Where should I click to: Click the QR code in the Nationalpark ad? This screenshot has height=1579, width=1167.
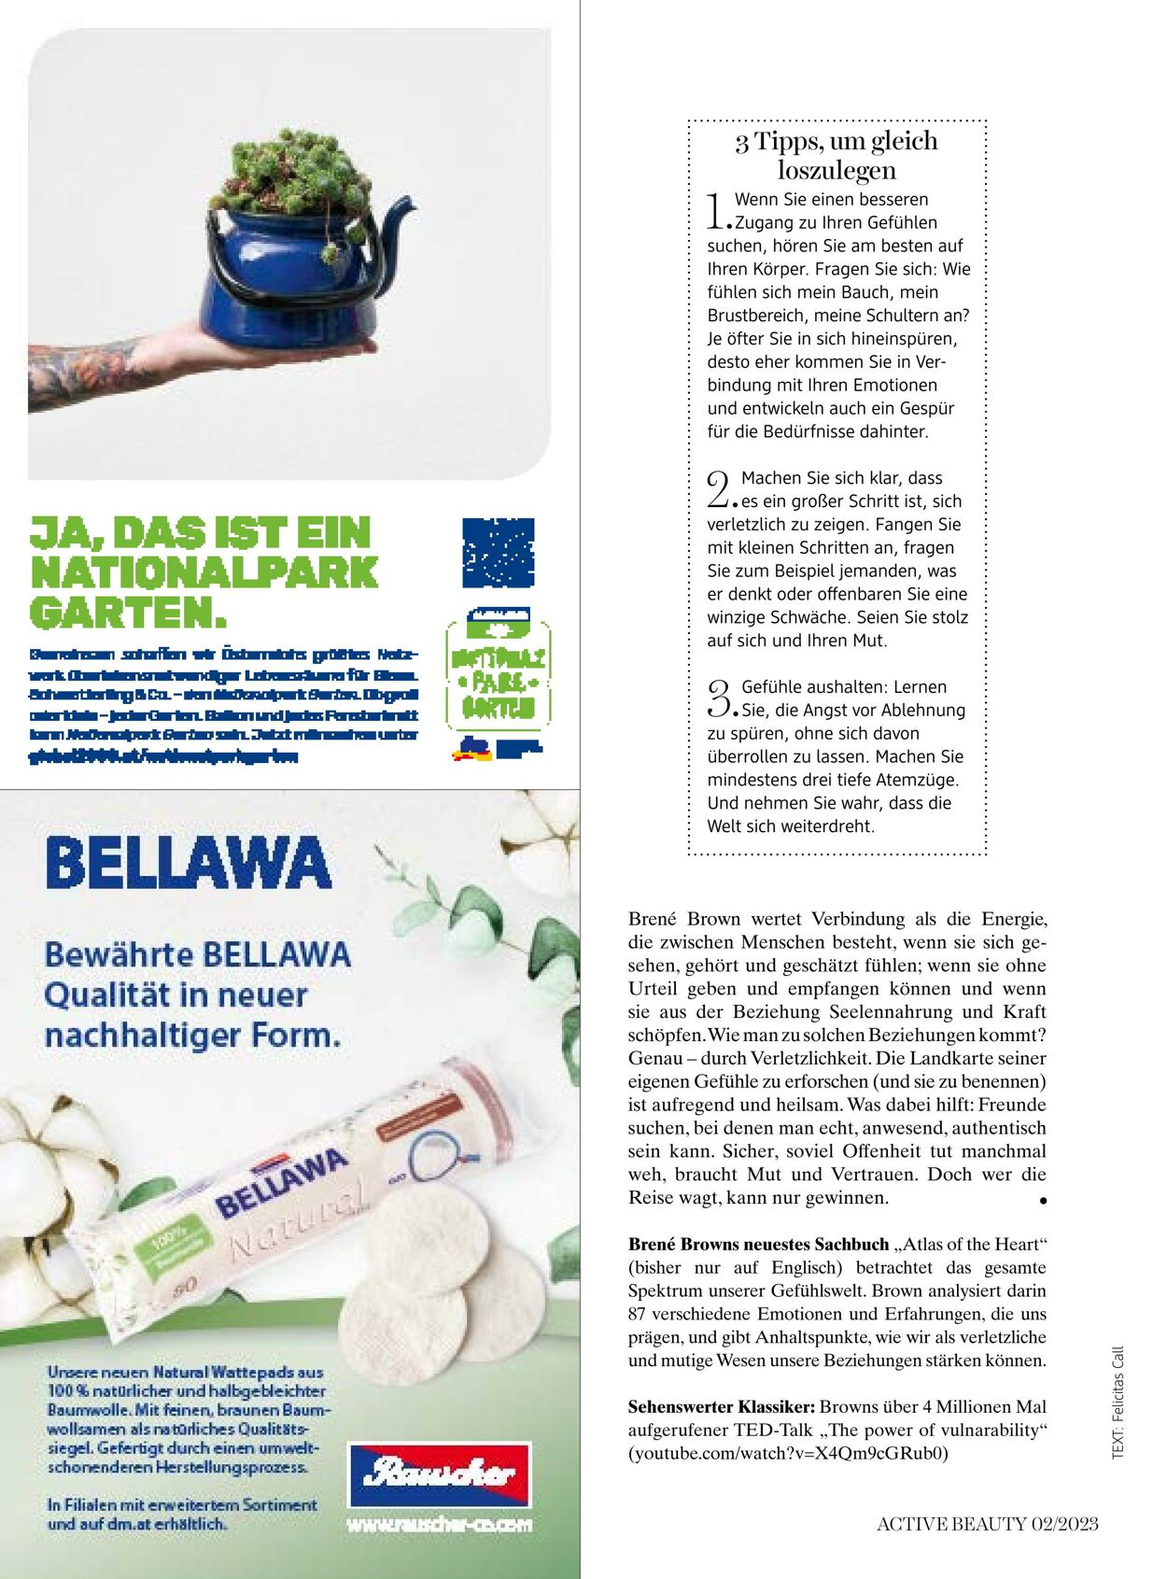499,553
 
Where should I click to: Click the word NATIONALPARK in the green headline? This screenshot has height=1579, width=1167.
204,572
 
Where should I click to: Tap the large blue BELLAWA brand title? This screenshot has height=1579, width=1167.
189,863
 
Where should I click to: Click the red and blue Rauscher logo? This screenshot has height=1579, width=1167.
439,1474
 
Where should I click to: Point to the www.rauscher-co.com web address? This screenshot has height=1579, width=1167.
439,1525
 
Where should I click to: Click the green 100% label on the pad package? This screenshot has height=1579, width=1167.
175,1239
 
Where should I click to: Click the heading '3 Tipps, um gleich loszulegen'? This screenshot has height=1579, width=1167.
837,155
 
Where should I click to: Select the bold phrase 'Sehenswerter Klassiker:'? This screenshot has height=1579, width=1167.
722,1406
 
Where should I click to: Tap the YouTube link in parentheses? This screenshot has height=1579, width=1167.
788,1453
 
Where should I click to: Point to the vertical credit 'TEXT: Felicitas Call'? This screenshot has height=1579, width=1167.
1118,1402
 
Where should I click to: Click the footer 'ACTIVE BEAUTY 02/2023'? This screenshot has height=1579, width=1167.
987,1524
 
